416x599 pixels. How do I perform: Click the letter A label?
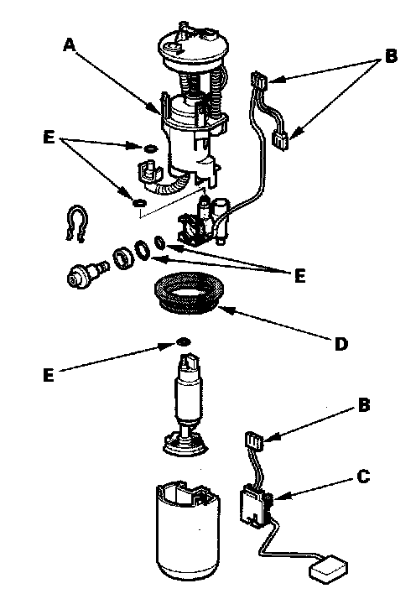[x=70, y=45]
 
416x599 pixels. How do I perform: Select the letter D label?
[x=341, y=344]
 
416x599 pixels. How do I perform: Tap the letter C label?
[x=363, y=477]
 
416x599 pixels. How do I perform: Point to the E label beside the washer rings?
[x=300, y=276]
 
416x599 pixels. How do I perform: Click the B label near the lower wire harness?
[x=364, y=405]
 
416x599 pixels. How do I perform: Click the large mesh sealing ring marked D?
[x=188, y=292]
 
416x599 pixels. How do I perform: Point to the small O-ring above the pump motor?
[x=184, y=341]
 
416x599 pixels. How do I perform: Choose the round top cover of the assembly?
[x=194, y=48]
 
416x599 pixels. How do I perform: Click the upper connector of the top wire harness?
[x=259, y=81]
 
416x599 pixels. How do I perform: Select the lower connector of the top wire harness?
[x=281, y=141]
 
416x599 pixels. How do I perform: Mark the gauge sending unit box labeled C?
[x=255, y=505]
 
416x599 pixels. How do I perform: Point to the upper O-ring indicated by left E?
[x=150, y=148]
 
